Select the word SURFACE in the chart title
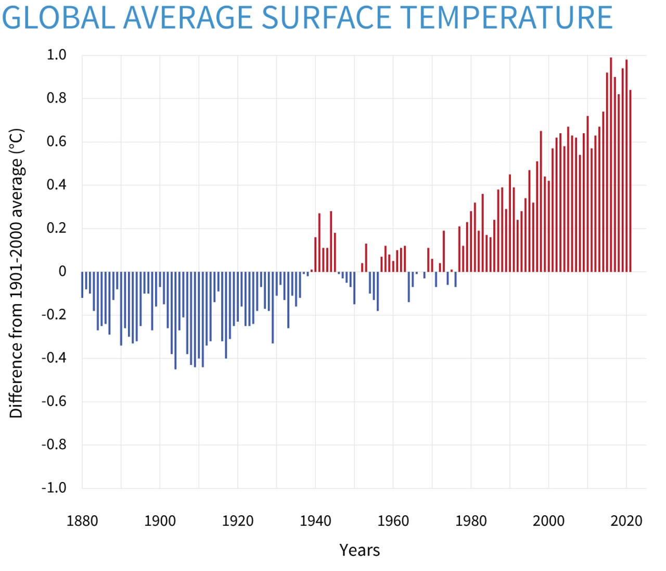coord(325,18)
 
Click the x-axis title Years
coord(360,550)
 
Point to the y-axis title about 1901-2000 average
coord(16,273)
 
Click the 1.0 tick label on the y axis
coord(57,55)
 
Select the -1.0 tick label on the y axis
coord(54,488)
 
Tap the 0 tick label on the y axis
coord(62,271)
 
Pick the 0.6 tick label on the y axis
coord(57,142)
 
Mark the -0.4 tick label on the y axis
coord(54,358)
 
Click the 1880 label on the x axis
coord(82,521)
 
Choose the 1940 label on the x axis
coord(315,521)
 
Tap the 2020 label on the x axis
coord(626,521)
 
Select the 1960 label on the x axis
coord(393,521)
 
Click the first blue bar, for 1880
coord(82,284)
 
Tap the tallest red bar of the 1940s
coord(331,242)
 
